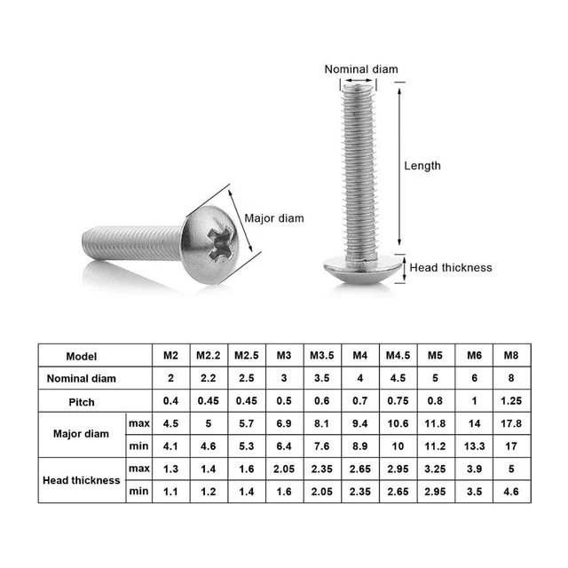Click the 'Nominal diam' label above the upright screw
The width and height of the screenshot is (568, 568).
point(361,69)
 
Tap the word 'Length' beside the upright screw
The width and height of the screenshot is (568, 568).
point(422,165)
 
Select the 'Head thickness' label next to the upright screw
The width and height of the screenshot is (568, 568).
point(450,267)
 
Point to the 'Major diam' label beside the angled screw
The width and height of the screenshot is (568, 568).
point(273,218)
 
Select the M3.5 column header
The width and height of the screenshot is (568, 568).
point(322,355)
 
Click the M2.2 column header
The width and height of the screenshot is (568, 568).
point(209,355)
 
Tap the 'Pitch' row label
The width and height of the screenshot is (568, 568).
point(82,401)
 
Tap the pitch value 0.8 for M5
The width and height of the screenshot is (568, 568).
point(435,401)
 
